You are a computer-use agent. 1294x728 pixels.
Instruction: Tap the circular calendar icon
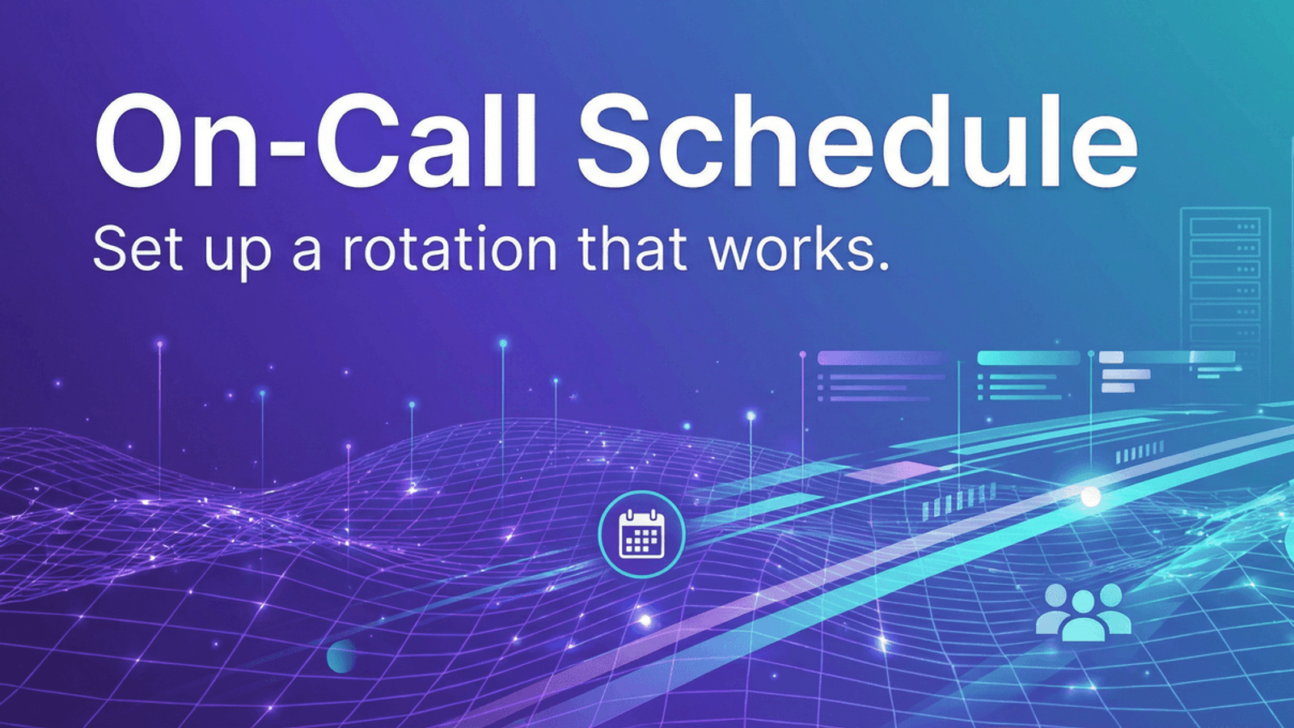click(x=641, y=535)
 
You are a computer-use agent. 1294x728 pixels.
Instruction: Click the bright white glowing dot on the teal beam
click(x=1091, y=497)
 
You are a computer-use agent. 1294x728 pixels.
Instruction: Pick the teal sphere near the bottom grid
click(x=341, y=656)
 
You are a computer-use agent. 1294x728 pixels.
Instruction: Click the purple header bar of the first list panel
click(x=882, y=358)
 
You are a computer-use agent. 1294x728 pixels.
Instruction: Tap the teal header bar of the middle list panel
click(x=1028, y=358)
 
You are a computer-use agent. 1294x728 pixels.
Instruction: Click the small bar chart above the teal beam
click(x=959, y=502)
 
